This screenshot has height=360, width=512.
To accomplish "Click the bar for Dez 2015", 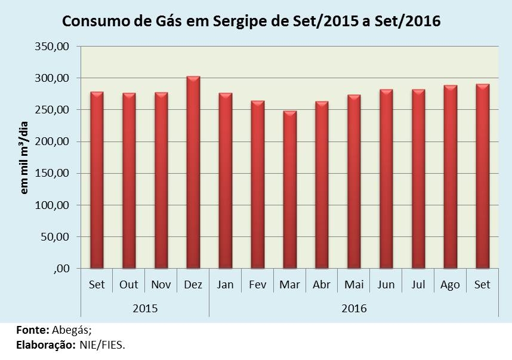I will pyautogui.click(x=193, y=173).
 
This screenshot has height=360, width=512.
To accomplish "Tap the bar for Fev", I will pyautogui.click(x=257, y=184).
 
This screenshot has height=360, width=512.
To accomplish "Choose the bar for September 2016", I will pyautogui.click(x=482, y=176).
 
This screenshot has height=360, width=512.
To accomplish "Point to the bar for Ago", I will pyautogui.click(x=450, y=177).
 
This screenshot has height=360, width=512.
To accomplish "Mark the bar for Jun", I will pyautogui.click(x=386, y=179).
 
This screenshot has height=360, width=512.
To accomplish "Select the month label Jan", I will pyautogui.click(x=226, y=285).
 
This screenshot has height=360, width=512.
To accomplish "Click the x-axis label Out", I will pyautogui.click(x=129, y=285).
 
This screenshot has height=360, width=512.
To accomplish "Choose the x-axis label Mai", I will pyautogui.click(x=354, y=285).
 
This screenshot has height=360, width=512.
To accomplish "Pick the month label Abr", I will pyautogui.click(x=322, y=285).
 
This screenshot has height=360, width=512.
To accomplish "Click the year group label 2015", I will pyautogui.click(x=145, y=309).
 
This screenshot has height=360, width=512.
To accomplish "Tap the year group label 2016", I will pyautogui.click(x=354, y=309).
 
